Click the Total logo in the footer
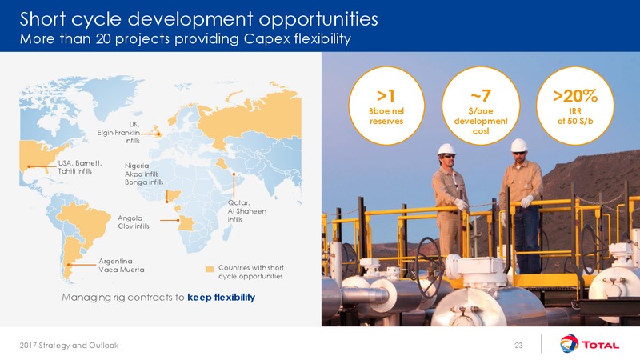[590, 344]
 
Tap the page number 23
[518, 346]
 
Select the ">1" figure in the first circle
[386, 96]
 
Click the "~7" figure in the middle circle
[481, 96]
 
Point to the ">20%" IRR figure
[575, 96]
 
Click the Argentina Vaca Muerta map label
[122, 266]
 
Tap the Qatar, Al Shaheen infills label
[247, 211]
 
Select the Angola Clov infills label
[134, 222]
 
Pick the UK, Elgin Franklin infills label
[118, 132]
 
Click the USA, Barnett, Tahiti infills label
[79, 167]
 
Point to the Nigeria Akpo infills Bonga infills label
[144, 174]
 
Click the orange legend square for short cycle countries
[210, 269]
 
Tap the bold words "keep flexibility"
[222, 297]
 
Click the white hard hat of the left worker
[446, 150]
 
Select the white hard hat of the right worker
[518, 145]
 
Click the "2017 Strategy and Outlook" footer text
[69, 346]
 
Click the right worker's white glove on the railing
[526, 201]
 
